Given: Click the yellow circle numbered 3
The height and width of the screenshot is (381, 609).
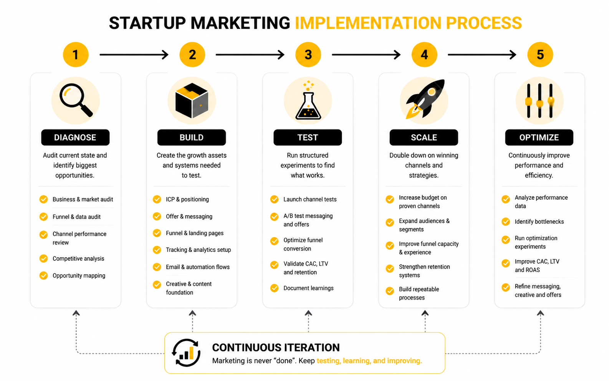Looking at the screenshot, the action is pos(308,55).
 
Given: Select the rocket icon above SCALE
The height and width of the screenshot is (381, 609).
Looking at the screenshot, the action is pos(425,99).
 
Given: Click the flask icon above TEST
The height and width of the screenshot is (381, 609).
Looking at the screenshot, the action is pos(308,100).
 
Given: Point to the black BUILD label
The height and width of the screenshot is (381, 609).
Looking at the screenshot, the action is pos(191,137).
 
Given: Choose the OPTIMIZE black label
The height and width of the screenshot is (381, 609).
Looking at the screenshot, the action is pos(539,137).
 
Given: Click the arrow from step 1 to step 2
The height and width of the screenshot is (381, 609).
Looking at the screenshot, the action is pos(134,55).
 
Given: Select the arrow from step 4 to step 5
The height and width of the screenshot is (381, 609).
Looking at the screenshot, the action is pos(482,55).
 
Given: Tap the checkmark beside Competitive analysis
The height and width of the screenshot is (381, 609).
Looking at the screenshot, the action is pos(43,258).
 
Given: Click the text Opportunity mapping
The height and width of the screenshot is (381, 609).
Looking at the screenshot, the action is pos(79,275).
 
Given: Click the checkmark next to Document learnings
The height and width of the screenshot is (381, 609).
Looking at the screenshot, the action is pos(274,288).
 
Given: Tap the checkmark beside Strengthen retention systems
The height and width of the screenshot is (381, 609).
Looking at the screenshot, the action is pos(390,269).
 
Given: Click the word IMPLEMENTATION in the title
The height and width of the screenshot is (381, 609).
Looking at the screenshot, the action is pos(368,23).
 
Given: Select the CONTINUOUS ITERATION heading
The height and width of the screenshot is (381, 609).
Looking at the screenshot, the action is pos(276,348).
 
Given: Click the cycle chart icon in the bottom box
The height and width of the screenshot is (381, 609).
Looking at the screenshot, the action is pos(186,353).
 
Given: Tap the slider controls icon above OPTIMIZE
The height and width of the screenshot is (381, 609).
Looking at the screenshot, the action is pos(539,101).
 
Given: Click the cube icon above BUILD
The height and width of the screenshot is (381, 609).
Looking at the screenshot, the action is pos(192,100).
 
